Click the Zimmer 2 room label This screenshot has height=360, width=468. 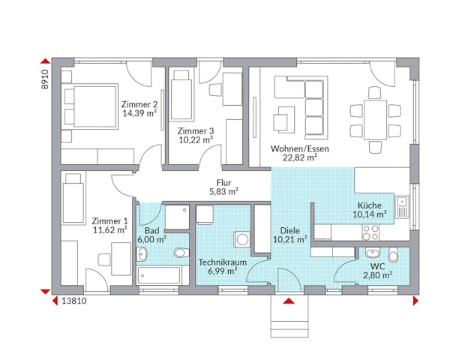pyautogui.click(x=139, y=104)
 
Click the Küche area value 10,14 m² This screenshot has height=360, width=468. pyautogui.click(x=370, y=214)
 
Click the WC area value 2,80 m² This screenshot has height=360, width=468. pyautogui.click(x=376, y=276)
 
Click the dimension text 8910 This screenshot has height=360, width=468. pyautogui.click(x=44, y=79)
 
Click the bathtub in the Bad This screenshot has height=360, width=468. pyautogui.click(x=159, y=275)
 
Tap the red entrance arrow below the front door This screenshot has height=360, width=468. pyautogui.click(x=288, y=301)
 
